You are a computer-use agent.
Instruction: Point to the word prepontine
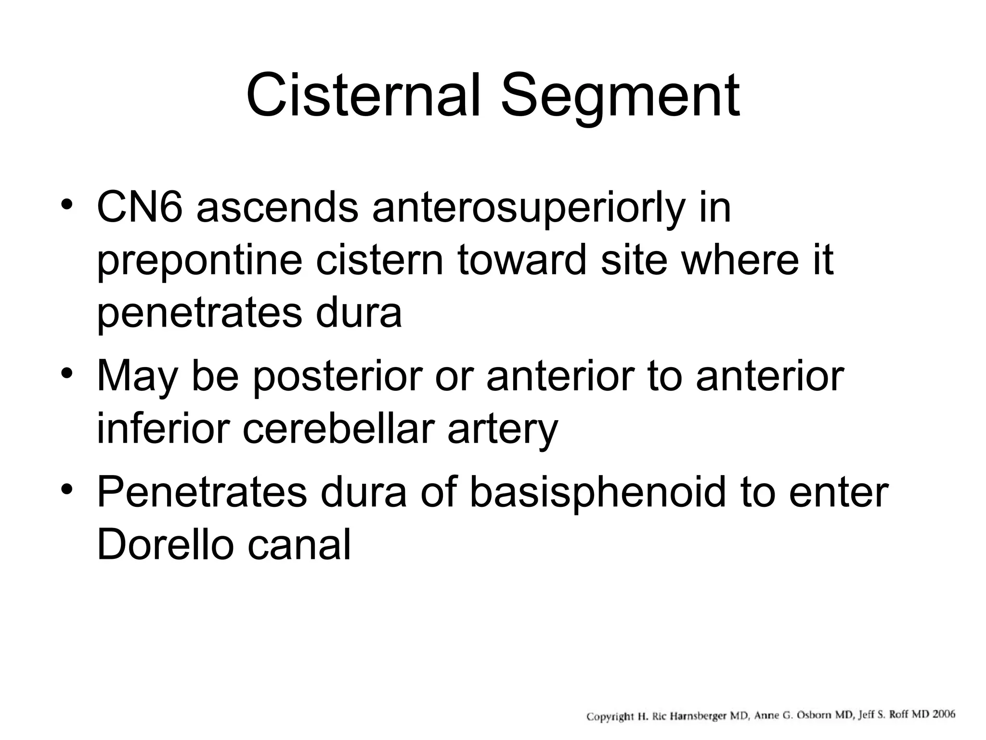pyautogui.click(x=200, y=261)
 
